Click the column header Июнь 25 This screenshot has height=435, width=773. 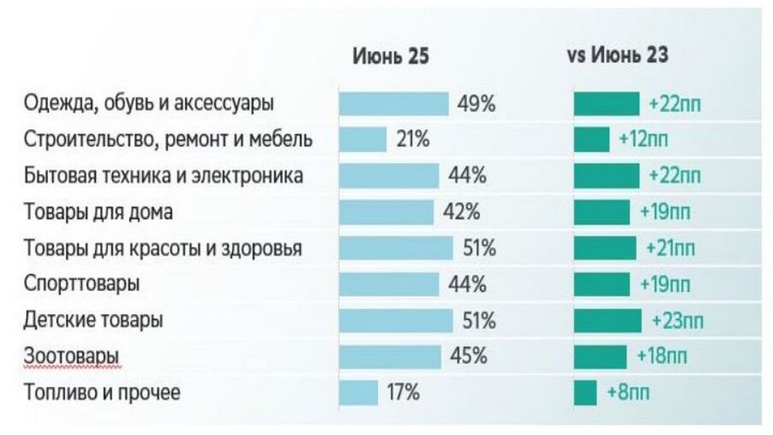[390, 57]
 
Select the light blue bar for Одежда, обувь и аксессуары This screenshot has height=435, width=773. [393, 104]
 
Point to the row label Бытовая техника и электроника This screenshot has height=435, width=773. [163, 176]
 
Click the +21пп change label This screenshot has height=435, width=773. [670, 248]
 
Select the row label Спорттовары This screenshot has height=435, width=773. [82, 284]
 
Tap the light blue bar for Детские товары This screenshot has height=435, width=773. [396, 320]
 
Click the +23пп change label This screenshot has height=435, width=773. [678, 320]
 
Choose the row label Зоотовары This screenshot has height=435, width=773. [72, 356]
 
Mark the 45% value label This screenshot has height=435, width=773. [468, 356]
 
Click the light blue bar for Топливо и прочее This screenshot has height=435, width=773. [359, 392]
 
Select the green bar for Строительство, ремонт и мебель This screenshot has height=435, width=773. [591, 140]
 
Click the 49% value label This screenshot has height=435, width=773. [476, 104]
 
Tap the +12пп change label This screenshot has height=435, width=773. [644, 140]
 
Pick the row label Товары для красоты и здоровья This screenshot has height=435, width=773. [163, 248]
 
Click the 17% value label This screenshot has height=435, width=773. [403, 392]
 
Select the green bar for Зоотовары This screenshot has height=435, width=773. [600, 356]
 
